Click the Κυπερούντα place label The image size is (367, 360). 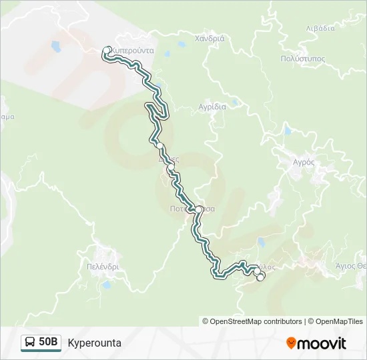133,50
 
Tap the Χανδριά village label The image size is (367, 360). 210,38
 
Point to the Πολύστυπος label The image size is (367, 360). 303,58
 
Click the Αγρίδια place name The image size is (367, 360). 213,106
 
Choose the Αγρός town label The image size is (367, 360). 304,161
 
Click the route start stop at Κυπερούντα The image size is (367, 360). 107,49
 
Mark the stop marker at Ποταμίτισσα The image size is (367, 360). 198,209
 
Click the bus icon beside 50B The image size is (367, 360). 31,343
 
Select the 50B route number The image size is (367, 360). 49,343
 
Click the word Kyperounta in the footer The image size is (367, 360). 94,343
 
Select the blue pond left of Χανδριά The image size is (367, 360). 181,45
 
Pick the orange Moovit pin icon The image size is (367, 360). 291,343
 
